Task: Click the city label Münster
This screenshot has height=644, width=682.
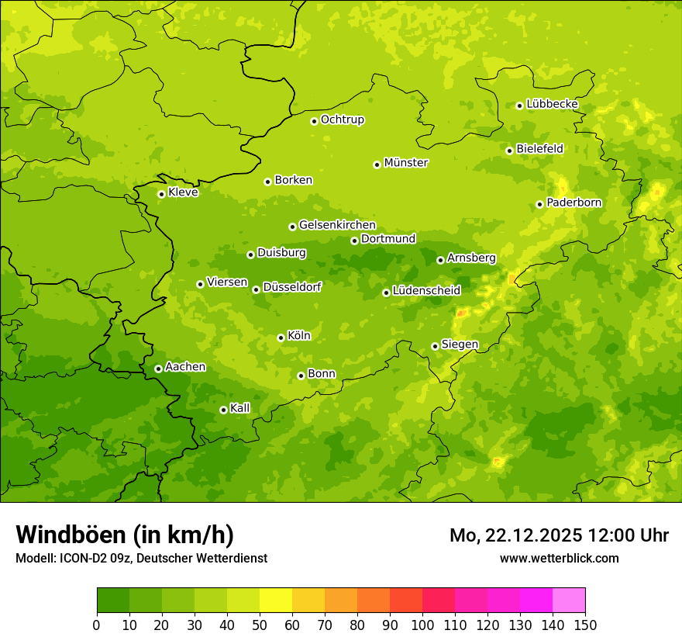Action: (405, 163)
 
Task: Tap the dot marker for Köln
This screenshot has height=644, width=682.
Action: (281, 338)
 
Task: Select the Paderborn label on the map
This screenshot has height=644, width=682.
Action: (573, 203)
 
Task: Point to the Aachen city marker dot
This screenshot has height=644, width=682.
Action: (158, 369)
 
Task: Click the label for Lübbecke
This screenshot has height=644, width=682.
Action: (552, 104)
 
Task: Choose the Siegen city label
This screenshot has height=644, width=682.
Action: (460, 345)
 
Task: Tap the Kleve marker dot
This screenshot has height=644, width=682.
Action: (161, 194)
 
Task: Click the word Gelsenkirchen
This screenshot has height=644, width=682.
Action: (337, 225)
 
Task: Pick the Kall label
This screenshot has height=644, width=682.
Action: (240, 408)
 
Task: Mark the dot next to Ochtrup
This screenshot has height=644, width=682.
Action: (314, 120)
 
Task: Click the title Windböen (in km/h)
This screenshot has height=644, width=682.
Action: (125, 535)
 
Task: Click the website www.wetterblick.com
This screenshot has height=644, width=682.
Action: (559, 558)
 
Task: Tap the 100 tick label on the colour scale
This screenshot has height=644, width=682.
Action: (422, 625)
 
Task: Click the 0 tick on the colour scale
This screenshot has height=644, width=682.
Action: (97, 625)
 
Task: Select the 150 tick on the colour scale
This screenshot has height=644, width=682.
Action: (585, 625)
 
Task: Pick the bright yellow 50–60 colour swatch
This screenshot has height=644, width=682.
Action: (276, 601)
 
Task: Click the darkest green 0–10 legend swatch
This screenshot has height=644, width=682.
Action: (113, 601)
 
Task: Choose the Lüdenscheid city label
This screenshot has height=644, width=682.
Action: (426, 291)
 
